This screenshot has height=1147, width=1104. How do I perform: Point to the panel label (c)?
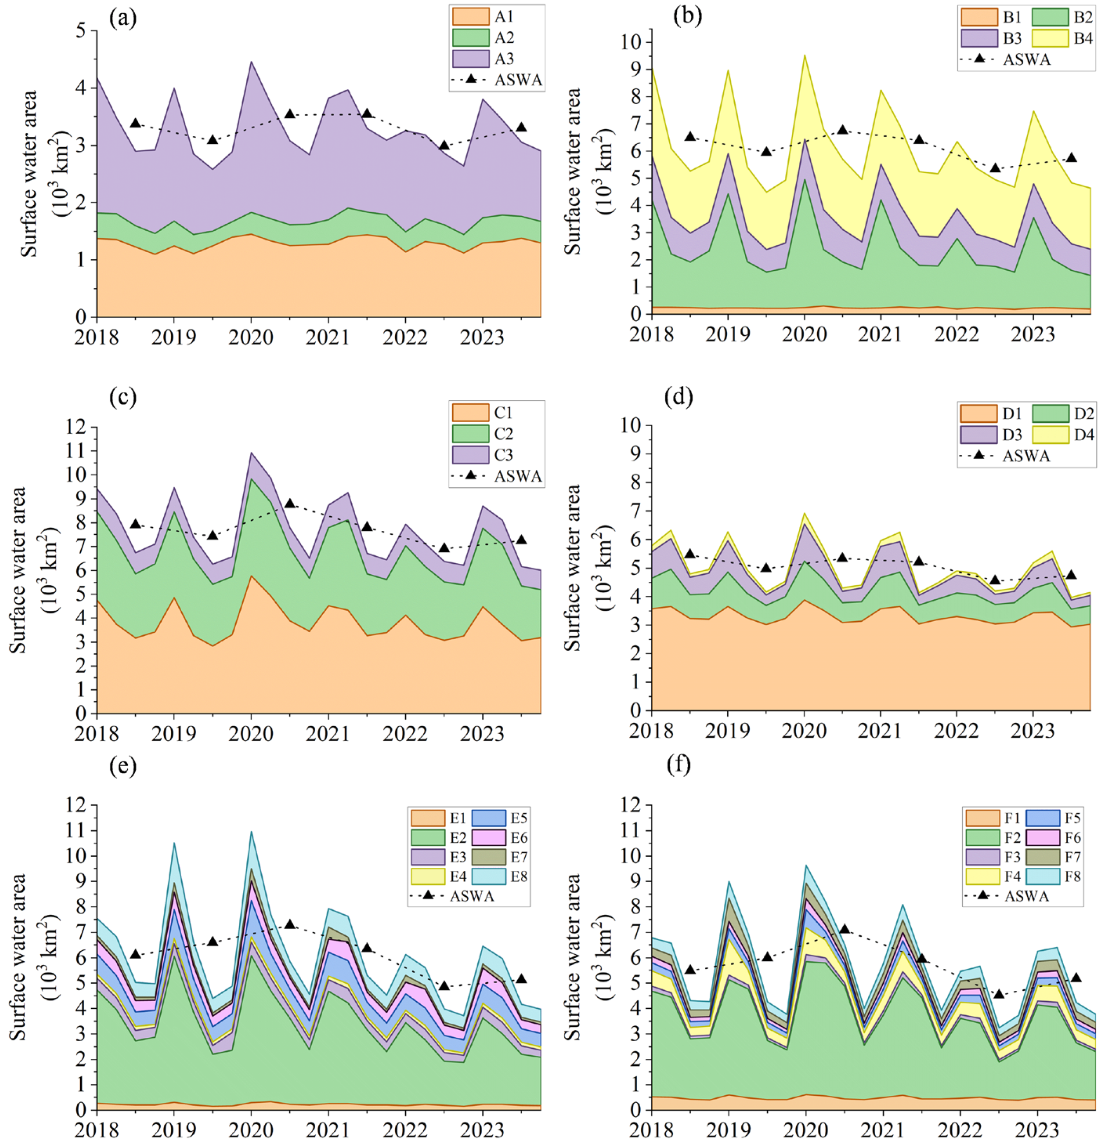[x=123, y=397]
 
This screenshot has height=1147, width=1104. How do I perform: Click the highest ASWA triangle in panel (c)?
[x=289, y=503]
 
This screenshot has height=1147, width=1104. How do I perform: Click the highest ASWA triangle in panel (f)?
[x=844, y=929]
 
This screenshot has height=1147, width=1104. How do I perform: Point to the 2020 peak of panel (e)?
[x=251, y=832]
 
